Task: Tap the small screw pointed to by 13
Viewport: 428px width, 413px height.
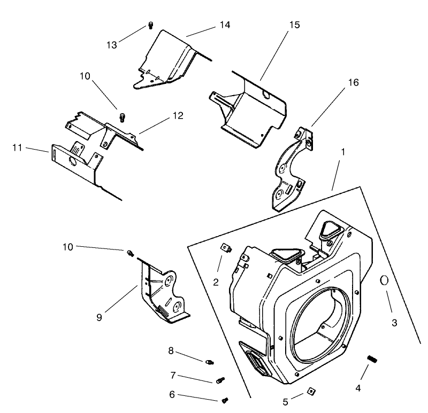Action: coord(150,25)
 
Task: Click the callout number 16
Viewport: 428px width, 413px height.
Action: coord(353,82)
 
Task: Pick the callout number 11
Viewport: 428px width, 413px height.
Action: coord(17,147)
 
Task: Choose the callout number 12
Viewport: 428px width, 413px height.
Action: coord(178,115)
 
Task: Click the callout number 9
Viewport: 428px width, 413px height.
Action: coord(99,317)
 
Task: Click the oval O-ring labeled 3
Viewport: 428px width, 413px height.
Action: coord(384,280)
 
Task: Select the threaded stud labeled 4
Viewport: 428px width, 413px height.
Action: coord(372,359)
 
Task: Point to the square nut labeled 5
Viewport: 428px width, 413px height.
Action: coord(309,393)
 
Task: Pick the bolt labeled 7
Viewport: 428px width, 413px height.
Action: coord(220,380)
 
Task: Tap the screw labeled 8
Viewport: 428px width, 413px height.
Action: coord(209,362)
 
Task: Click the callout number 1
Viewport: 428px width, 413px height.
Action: coord(342,152)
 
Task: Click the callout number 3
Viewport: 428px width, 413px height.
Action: coord(394,322)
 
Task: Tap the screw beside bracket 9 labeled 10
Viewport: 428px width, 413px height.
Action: coord(130,252)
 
